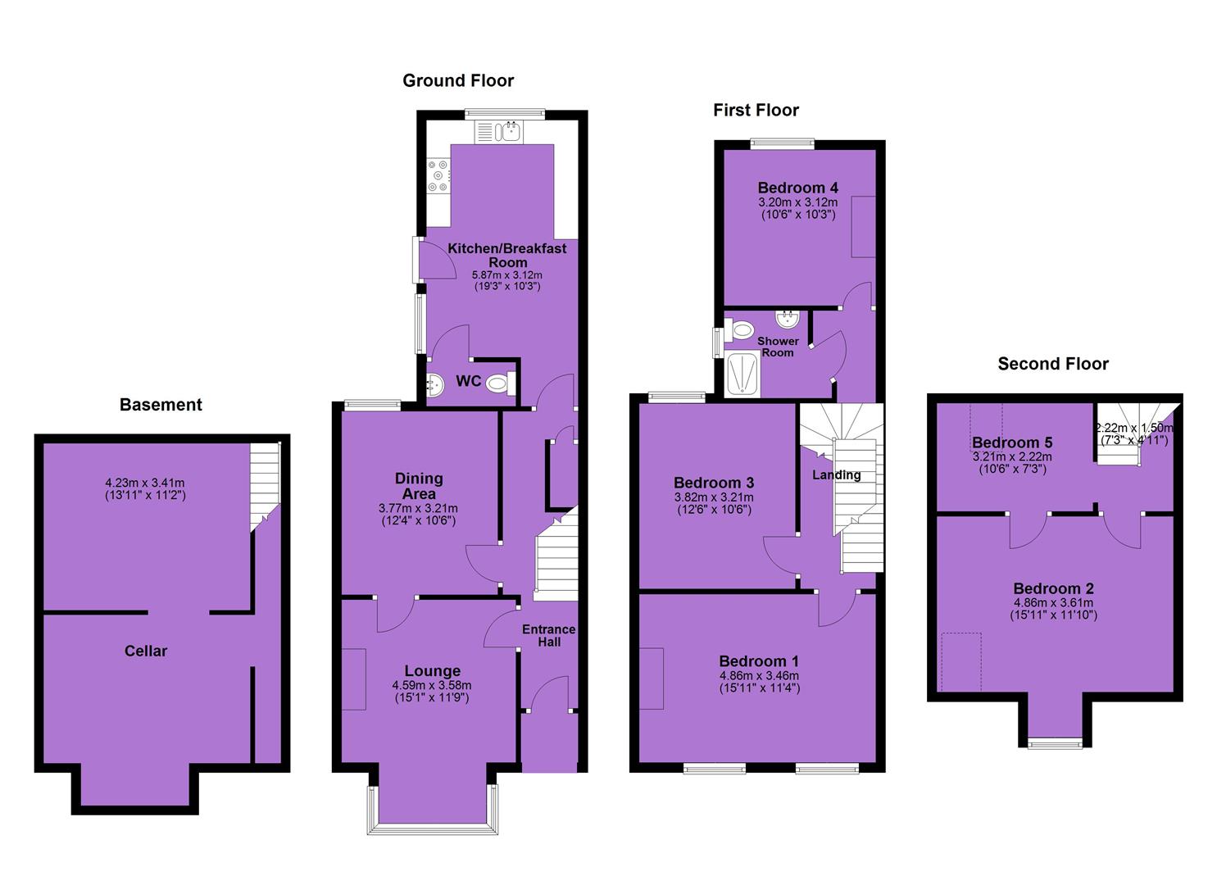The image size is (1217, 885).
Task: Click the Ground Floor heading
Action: coord(458,81)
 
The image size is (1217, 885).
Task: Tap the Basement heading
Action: coord(161,405)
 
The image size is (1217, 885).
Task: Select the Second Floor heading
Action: coord(1053,364)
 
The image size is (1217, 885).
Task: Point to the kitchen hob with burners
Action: coord(438,175)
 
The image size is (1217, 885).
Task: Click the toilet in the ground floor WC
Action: coord(501,384)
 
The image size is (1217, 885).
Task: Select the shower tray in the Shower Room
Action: coord(742,374)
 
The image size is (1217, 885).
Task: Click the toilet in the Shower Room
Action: coord(739,330)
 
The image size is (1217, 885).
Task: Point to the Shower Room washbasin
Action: coord(787,320)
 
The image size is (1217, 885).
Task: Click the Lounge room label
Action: coord(433,671)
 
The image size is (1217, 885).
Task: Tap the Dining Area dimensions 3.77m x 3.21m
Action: coord(418,509)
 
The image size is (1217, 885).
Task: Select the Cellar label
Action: coord(146,651)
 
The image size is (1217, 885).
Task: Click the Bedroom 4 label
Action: coord(797,188)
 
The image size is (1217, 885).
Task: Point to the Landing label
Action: coord(836,474)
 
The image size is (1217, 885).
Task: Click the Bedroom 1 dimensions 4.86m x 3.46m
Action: coord(759,676)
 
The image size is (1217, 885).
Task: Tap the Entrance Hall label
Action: coord(549,636)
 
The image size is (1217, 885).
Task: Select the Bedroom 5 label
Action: coord(1012,442)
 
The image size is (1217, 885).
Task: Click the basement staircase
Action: coord(265,488)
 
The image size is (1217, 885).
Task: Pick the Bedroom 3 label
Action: coord(714,483)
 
